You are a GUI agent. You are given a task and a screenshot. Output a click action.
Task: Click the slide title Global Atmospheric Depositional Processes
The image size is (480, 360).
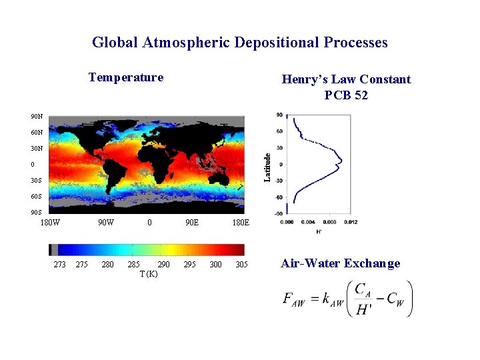[x=239, y=43]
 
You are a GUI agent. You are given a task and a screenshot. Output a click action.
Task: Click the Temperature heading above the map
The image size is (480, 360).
[x=126, y=77]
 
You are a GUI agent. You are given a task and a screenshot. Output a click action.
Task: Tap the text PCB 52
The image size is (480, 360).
[x=346, y=95]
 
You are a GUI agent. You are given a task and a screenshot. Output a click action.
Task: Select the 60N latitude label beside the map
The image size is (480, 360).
[x=36, y=133]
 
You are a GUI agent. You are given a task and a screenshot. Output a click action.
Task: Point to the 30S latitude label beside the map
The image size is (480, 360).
[x=36, y=181]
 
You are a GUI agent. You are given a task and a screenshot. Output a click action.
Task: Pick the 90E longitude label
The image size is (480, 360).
[x=191, y=222]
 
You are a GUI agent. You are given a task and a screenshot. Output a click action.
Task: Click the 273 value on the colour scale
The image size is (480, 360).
[x=59, y=265]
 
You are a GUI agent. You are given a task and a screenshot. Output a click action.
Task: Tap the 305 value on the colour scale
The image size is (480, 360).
[x=242, y=265]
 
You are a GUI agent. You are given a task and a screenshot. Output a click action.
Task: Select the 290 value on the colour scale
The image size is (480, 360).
[x=163, y=265]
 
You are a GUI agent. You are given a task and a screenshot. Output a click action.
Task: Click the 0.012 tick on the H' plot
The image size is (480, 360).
[x=351, y=222]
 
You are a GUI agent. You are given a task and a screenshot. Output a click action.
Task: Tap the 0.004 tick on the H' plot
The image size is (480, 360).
[x=308, y=222]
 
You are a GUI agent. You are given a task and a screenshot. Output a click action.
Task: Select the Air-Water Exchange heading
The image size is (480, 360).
[x=341, y=263]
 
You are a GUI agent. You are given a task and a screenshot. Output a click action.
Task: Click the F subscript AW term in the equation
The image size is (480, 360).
[x=293, y=300]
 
